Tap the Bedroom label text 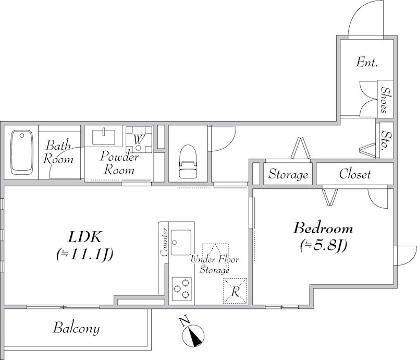pos(323,228)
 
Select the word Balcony pos(76,329)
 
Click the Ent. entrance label pos(367,62)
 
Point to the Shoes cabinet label pos(384,100)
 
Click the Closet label pos(355,174)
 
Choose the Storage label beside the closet pos(288,175)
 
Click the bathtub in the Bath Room pos(21,151)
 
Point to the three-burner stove pos(181,289)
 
